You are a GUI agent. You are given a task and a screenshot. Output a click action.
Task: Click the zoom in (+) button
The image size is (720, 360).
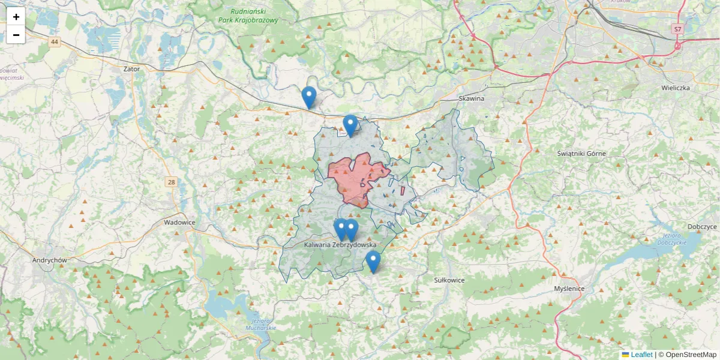[x=16, y=17]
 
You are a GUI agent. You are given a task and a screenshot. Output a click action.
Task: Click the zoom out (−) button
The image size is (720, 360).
[x=16, y=35]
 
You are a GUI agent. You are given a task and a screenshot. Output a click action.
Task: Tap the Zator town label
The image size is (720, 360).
[x=131, y=69]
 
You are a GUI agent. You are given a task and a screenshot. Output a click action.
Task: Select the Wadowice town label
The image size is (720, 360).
[x=179, y=222]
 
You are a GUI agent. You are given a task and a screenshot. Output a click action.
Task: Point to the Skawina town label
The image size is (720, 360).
[x=471, y=98]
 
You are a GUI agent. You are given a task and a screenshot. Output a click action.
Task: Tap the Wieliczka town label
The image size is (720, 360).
[x=673, y=88]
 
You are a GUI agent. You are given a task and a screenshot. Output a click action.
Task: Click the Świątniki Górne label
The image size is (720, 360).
[x=581, y=154]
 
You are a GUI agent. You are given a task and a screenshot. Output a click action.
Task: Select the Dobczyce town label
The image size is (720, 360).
[x=703, y=227]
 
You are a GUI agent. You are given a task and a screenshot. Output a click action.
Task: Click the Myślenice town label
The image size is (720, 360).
[x=569, y=289]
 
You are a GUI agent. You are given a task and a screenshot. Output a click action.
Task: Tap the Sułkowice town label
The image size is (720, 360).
[x=449, y=280]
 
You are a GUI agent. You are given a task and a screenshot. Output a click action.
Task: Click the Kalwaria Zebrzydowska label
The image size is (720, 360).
[x=340, y=245]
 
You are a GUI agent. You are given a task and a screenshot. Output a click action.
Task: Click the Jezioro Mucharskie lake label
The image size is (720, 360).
[x=260, y=325]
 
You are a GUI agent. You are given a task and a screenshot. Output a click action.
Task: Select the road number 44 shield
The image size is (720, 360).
[x=55, y=41]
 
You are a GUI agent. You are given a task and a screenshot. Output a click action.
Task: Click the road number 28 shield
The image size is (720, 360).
[x=172, y=182]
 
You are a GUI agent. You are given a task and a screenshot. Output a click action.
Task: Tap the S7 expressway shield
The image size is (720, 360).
[x=677, y=29]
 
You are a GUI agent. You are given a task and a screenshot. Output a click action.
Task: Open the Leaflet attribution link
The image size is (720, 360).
[x=641, y=355]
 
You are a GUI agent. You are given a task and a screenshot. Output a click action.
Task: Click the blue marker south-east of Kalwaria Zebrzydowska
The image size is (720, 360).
[x=373, y=262]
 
